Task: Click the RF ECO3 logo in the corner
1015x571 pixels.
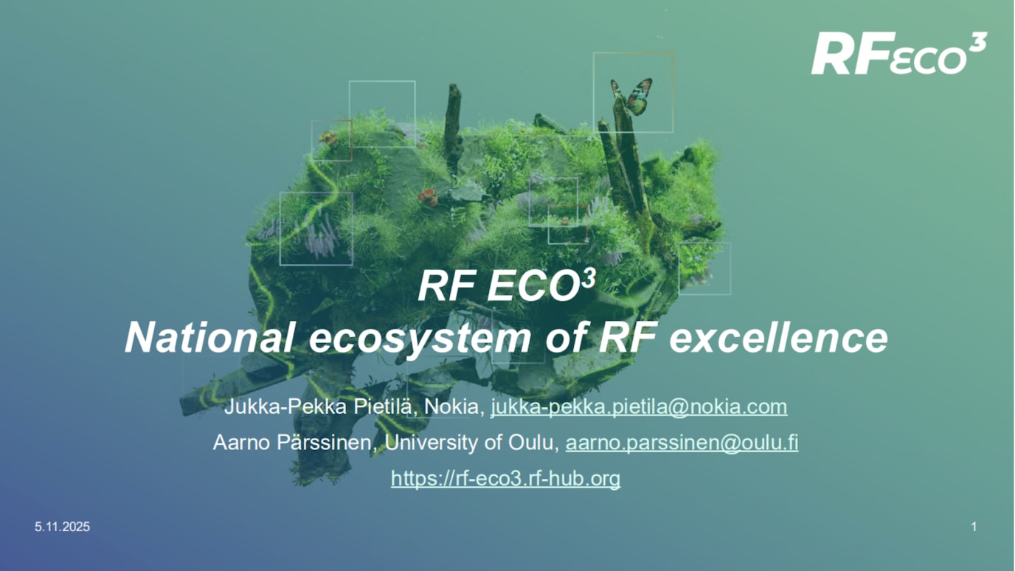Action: tap(898, 55)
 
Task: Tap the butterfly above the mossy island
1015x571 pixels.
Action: tap(633, 96)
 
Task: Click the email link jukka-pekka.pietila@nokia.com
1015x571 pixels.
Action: tap(639, 406)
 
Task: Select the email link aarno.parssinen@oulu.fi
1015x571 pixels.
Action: tap(682, 443)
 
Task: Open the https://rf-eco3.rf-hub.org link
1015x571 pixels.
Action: tap(505, 479)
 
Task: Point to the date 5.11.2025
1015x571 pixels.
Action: tap(63, 527)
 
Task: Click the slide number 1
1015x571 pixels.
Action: tap(974, 527)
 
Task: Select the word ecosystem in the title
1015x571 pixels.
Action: tap(420, 338)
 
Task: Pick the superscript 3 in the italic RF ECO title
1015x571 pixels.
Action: tap(588, 278)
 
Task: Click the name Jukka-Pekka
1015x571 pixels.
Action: tap(270, 406)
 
